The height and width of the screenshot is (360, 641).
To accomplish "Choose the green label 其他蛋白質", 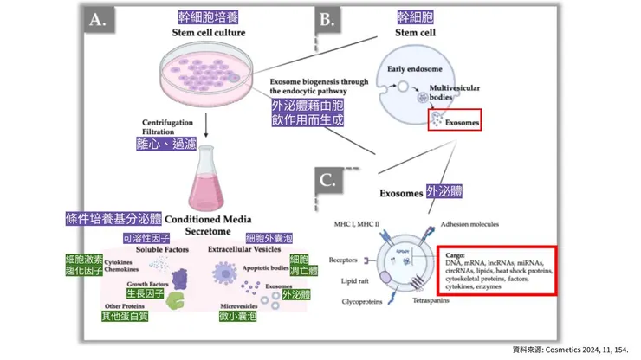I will [x=126, y=318].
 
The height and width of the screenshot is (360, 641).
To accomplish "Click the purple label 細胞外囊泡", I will [x=269, y=238].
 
